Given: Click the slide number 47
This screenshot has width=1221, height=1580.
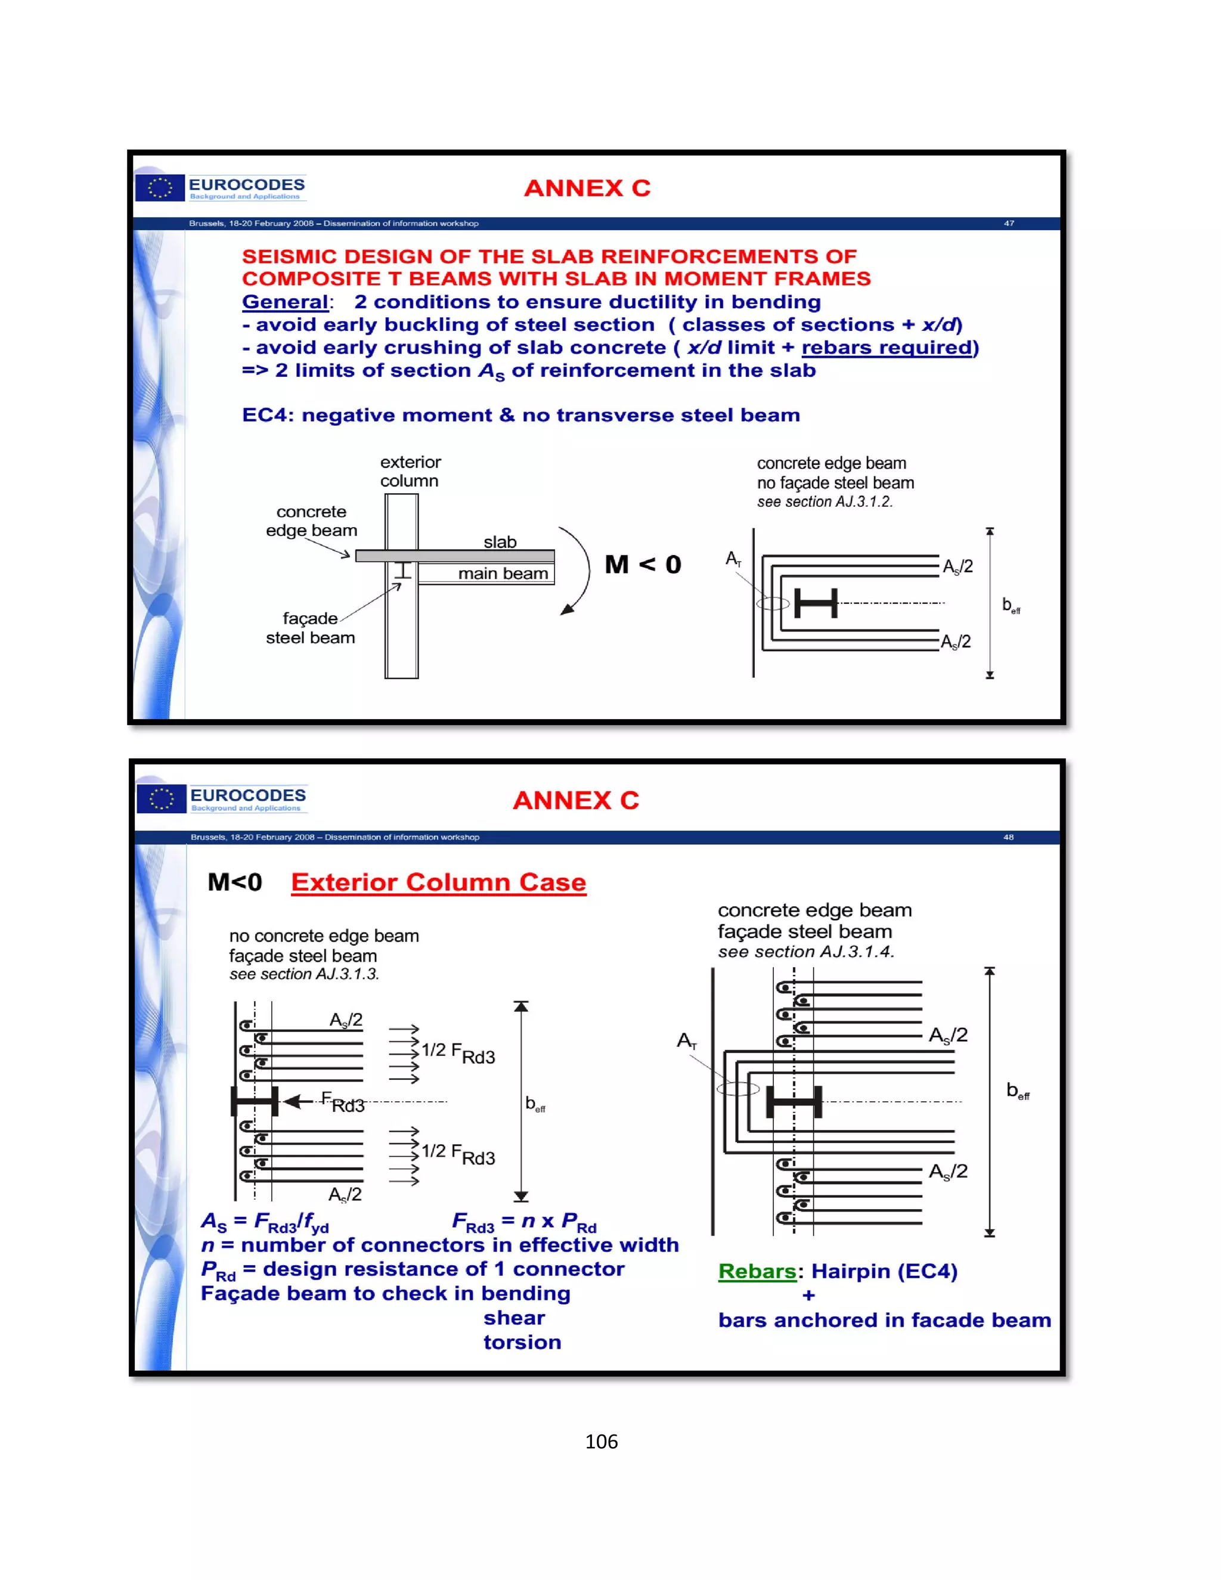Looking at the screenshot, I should pyautogui.click(x=1008, y=224).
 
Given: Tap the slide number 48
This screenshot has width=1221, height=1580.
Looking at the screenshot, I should pyautogui.click(x=1008, y=837).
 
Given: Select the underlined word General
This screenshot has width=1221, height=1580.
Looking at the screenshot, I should pyautogui.click(x=285, y=302).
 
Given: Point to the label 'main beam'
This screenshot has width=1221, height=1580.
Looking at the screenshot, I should pyautogui.click(x=503, y=574).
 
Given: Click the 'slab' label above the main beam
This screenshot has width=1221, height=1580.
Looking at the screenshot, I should pyautogui.click(x=500, y=542).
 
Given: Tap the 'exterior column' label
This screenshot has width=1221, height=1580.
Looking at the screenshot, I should pyautogui.click(x=410, y=472).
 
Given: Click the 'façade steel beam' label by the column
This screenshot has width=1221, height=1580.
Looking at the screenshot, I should pyautogui.click(x=310, y=628).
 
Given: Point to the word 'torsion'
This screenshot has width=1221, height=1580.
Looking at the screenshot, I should pyautogui.click(x=522, y=1343).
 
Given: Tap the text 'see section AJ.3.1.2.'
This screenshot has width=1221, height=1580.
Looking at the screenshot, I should pyautogui.click(x=825, y=502).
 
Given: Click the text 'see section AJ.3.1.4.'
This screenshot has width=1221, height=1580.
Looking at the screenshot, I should pyautogui.click(x=806, y=952).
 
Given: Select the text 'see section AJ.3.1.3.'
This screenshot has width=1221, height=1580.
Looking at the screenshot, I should pyautogui.click(x=304, y=974).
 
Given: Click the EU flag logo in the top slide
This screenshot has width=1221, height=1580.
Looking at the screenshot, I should pyautogui.click(x=160, y=188).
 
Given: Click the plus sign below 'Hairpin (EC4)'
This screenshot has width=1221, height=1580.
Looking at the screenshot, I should pyautogui.click(x=808, y=1296).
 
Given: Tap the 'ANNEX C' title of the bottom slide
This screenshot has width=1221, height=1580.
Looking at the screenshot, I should pyautogui.click(x=576, y=800).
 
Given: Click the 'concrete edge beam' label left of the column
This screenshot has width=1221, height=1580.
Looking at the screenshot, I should pyautogui.click(x=311, y=521).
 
